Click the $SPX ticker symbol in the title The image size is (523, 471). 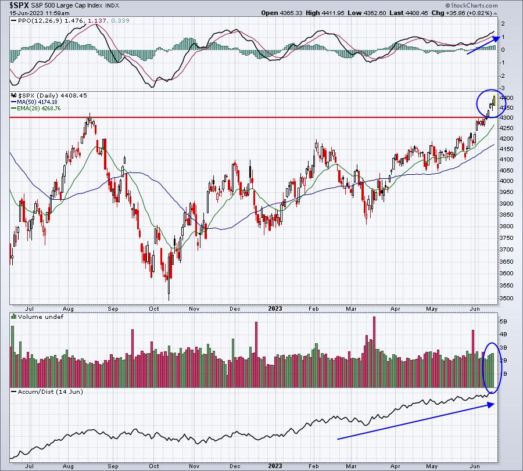click(x=17, y=5)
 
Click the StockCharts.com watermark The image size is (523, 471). click(x=472, y=5)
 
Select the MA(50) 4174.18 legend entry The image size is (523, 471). click(x=34, y=102)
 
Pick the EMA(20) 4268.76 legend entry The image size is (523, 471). click(x=36, y=109)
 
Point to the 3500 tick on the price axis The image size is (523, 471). click(x=506, y=299)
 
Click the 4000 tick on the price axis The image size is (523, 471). click(x=506, y=181)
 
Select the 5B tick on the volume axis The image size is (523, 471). click(x=503, y=322)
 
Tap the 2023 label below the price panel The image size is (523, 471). click(x=275, y=308)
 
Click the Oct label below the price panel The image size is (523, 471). click(x=154, y=308)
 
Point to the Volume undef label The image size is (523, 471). click(x=40, y=317)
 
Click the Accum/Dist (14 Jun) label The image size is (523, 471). click(x=50, y=391)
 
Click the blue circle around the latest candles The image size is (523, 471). click(x=477, y=103)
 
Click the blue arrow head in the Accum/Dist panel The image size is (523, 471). click(x=491, y=405)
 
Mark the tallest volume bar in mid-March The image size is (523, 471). click(x=374, y=352)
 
